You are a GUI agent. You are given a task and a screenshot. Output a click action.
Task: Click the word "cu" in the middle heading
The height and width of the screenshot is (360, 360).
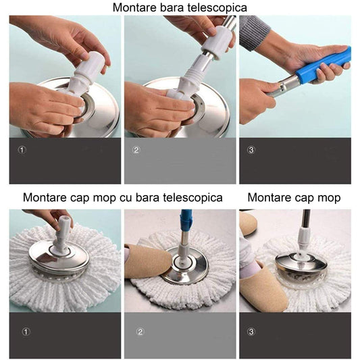coord(130,198)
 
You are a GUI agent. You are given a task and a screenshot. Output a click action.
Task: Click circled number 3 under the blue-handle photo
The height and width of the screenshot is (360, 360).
coord(251,150)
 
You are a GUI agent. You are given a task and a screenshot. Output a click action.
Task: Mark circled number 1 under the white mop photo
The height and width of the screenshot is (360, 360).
coord(26,332)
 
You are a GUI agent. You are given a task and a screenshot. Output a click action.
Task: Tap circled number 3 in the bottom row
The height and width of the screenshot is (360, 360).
coord(251,332)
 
